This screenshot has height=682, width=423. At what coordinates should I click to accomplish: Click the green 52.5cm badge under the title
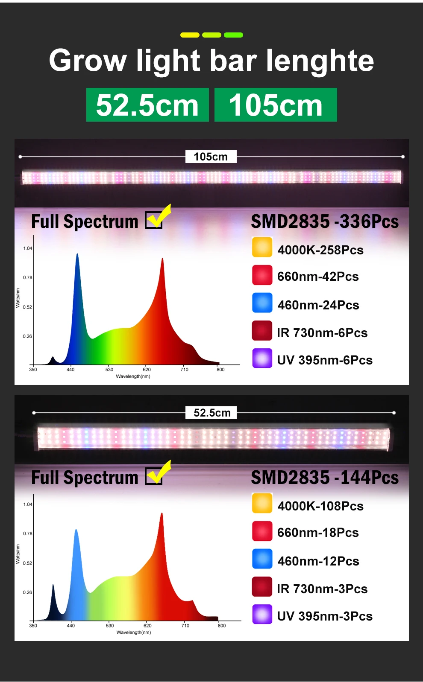tap(147, 105)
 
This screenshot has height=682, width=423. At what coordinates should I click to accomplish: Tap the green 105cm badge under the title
tap(276, 105)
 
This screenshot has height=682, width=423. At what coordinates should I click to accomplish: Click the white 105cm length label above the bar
tap(211, 157)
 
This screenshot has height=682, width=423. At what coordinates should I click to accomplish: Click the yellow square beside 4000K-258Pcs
tap(262, 247)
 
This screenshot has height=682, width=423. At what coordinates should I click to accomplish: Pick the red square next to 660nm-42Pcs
tap(262, 275)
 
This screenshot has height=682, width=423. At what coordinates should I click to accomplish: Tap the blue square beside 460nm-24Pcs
tap(262, 303)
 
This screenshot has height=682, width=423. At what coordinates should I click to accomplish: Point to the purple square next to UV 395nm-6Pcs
tap(262, 358)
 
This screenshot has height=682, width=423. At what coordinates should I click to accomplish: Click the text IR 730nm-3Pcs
tap(322, 589)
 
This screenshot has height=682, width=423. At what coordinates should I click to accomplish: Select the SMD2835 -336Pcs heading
tap(325, 222)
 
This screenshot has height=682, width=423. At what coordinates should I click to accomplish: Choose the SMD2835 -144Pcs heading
tap(325, 478)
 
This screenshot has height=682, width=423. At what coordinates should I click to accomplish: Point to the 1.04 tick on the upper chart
tap(28, 248)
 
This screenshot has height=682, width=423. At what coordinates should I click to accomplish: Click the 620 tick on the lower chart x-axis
tap(147, 626)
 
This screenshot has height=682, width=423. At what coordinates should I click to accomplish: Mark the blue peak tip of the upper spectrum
tap(77, 254)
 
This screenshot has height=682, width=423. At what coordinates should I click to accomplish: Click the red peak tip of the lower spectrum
tap(162, 514)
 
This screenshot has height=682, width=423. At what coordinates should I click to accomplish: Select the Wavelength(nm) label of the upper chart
tap(133, 376)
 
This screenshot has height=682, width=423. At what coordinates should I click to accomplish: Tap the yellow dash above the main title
tap(190, 35)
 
